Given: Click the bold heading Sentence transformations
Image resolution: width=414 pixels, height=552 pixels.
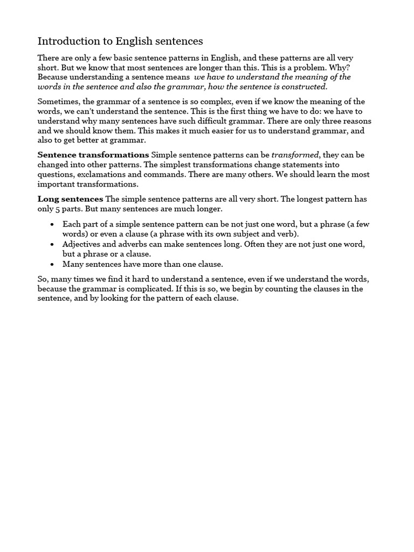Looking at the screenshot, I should tap(93, 155).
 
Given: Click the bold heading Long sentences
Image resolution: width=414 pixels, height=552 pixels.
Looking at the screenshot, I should tap(70, 199).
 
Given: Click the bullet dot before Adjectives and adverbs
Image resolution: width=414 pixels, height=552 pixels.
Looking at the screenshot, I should tap(51, 244).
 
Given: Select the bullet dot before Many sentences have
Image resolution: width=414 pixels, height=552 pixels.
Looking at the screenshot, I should tap(51, 264).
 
